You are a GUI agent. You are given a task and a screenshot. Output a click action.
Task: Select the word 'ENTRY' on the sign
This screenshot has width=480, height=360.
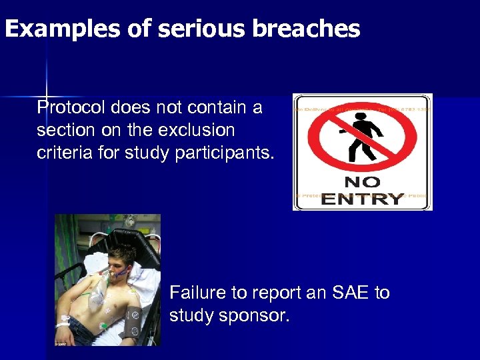click(363, 198)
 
